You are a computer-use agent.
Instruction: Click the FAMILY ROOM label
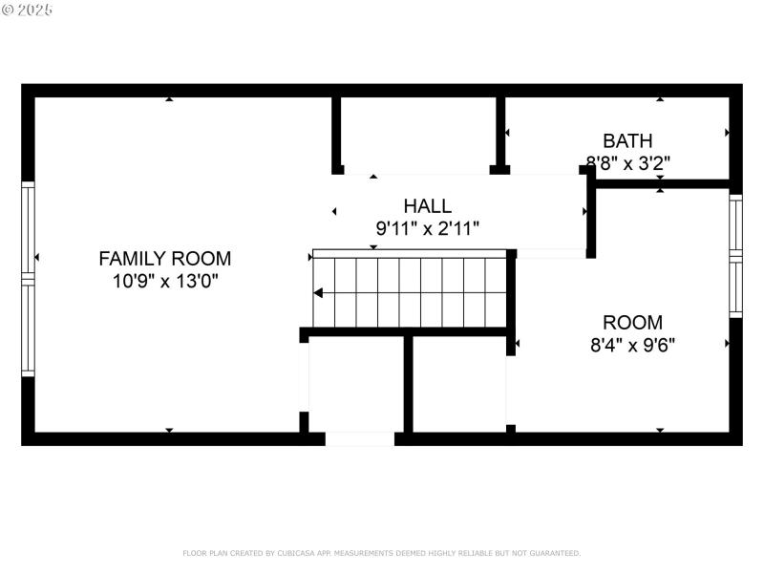pos(165,258)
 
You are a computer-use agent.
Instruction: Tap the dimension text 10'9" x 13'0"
pos(165,282)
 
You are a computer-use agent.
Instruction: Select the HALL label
pos(427,206)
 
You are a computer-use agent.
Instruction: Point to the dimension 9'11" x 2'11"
pos(427,228)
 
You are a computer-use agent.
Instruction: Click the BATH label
pos(627,141)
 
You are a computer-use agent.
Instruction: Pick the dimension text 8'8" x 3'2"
pos(627,163)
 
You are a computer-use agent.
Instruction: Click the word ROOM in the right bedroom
pos(632,323)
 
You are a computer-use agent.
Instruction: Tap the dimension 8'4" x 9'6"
pos(632,345)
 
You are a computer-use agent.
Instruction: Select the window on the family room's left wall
pos(28,278)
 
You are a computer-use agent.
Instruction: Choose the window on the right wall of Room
pos(735,256)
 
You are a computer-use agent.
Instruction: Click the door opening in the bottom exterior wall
pos(359,438)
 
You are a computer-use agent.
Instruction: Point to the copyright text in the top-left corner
pos(28,10)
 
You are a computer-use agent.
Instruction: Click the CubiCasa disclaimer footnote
pos(381,553)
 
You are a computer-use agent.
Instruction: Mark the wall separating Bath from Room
pos(664,182)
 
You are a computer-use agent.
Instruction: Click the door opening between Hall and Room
pos(551,254)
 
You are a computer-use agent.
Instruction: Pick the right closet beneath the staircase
pos(458,384)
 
